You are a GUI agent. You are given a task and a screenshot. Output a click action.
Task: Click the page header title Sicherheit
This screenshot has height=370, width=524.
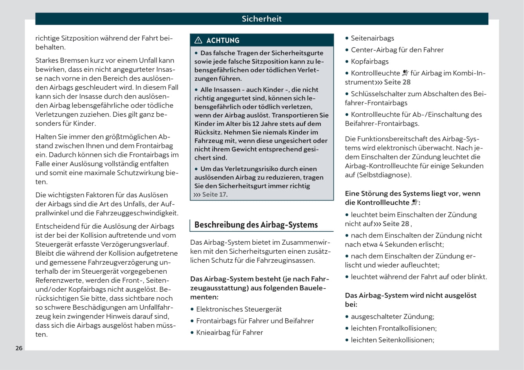(x=261, y=19)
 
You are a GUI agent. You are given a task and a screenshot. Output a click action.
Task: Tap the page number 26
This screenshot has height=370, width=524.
(x=19, y=348)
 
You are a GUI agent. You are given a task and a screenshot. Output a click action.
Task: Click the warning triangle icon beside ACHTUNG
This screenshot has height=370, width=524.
(x=198, y=40)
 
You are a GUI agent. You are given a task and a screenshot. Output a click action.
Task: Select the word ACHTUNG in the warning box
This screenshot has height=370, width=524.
(x=223, y=40)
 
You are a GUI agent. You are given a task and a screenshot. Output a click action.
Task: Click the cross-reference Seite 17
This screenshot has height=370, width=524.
(x=214, y=195)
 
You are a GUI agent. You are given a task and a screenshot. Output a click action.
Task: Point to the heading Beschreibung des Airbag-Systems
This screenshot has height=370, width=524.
(x=256, y=225)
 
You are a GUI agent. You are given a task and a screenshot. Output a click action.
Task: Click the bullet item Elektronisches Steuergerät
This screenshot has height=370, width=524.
(x=239, y=309)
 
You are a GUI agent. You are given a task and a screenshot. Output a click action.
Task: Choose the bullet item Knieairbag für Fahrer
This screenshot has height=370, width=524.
(x=229, y=332)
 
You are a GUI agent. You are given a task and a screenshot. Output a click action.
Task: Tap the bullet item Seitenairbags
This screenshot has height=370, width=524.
(x=372, y=38)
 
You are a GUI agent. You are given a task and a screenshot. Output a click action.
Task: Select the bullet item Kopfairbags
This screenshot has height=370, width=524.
(x=369, y=61)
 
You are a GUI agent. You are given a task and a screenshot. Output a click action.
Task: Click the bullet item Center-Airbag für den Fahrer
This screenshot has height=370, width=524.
(x=397, y=50)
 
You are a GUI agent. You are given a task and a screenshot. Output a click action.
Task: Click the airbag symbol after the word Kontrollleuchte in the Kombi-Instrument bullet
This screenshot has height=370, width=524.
(x=405, y=73)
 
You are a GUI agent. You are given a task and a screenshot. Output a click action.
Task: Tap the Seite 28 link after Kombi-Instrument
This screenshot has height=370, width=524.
(x=397, y=82)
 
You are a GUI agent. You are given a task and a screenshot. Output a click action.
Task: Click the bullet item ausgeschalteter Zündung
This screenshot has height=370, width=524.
(x=392, y=316)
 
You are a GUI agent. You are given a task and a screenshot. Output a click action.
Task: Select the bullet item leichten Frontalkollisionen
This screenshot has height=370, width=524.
(x=393, y=328)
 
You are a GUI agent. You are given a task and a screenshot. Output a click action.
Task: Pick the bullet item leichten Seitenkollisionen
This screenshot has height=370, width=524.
(x=392, y=340)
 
